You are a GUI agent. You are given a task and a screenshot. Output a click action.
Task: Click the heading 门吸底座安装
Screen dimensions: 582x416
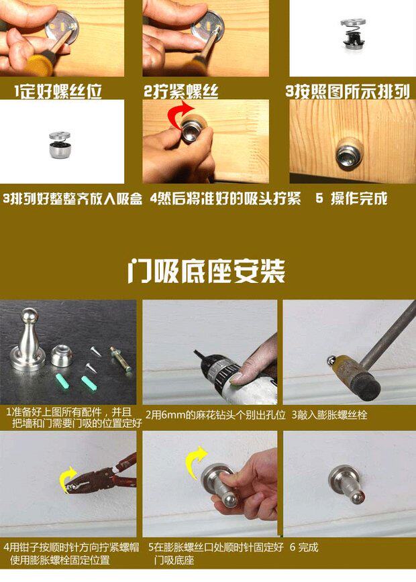tap(207, 272)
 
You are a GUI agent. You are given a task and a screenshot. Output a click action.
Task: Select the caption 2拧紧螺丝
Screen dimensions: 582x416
tap(180, 91)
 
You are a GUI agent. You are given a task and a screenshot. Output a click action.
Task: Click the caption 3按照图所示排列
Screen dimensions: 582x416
tap(348, 91)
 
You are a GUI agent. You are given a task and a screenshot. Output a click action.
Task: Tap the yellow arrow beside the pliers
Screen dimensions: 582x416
tap(68, 479)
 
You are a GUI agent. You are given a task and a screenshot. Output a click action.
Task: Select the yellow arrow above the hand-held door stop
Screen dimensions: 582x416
tap(195, 460)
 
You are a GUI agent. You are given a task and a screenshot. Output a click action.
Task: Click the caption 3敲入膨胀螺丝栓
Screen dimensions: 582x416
tap(329, 415)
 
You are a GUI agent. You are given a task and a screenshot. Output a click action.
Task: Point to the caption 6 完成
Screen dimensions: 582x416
tap(305, 547)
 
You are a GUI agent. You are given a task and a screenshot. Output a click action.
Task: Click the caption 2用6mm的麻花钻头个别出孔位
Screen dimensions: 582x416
tap(215, 415)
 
